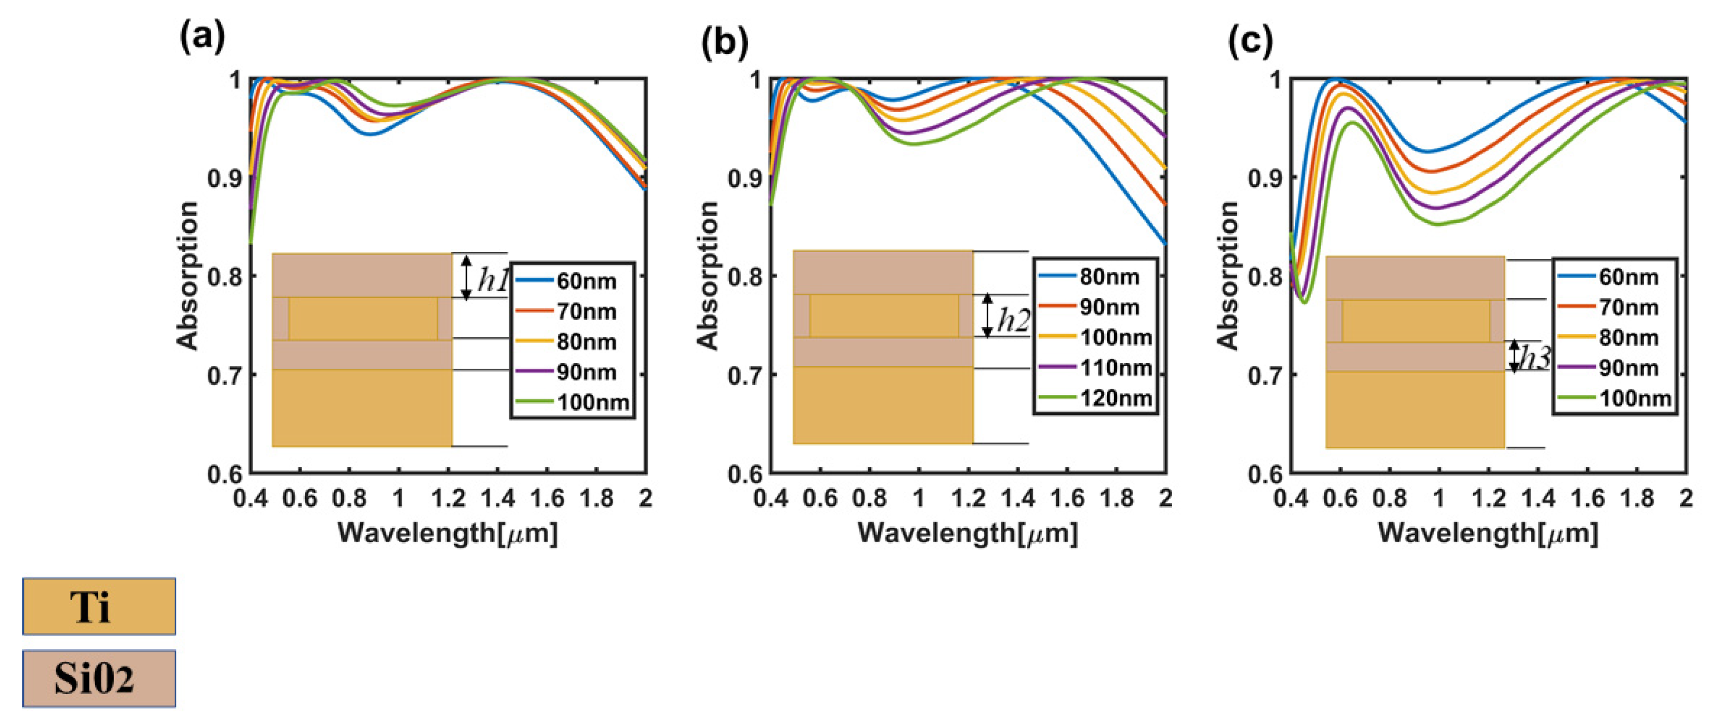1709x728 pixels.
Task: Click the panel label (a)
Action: pyautogui.click(x=203, y=38)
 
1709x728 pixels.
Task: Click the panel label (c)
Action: pyautogui.click(x=1250, y=41)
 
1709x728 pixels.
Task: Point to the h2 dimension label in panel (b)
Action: pyautogui.click(x=1013, y=320)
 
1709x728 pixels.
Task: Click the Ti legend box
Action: pyautogui.click(x=99, y=606)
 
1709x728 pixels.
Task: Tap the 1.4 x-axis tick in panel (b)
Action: pyautogui.click(x=1017, y=498)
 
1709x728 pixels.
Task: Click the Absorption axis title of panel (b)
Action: pyautogui.click(x=708, y=275)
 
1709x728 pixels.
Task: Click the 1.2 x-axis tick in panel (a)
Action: pyautogui.click(x=448, y=498)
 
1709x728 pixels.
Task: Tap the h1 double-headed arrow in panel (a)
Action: pyautogui.click(x=466, y=277)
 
